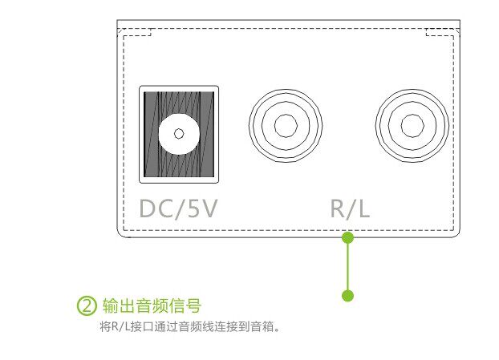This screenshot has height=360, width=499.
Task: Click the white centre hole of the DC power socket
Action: click(179, 132)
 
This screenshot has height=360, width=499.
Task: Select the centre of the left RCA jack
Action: click(285, 125)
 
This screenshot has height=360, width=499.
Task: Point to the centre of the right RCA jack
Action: click(412, 125)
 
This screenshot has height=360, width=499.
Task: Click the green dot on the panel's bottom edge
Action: click(347, 237)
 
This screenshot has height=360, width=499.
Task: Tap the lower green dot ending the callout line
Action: click(347, 296)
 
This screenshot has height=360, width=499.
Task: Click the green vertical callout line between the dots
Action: click(347, 267)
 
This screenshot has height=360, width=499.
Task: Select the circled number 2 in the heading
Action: click(87, 305)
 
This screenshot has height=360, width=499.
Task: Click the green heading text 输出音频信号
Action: click(152, 305)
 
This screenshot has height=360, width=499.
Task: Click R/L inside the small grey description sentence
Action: click(117, 326)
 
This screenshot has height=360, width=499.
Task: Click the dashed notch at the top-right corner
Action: click(440, 33)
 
